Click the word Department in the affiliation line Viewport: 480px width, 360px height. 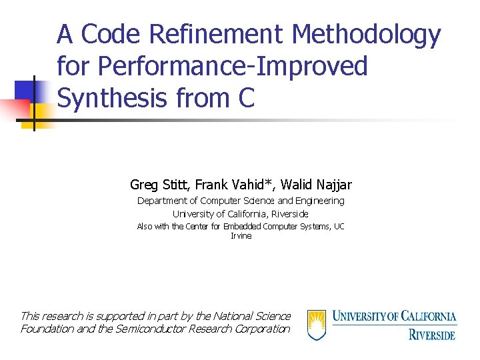[163, 201]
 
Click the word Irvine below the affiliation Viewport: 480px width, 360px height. [241, 236]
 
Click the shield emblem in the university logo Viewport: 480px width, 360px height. [317, 325]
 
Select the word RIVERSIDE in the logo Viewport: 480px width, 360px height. [432, 333]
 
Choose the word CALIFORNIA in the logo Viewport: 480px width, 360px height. [423, 316]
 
